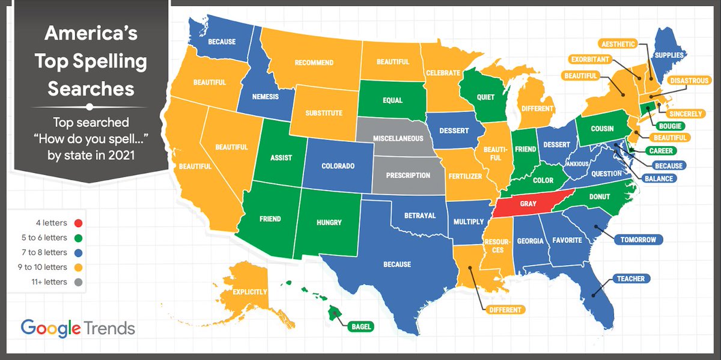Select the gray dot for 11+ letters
tap(77, 281)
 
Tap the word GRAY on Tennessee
tap(528, 204)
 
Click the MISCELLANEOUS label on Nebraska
tap(398, 139)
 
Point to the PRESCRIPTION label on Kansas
tap(408, 175)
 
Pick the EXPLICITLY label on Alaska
tap(249, 292)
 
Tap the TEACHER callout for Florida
tap(630, 279)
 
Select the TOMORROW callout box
tap(639, 240)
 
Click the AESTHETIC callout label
tap(618, 43)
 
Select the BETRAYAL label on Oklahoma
tap(419, 216)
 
